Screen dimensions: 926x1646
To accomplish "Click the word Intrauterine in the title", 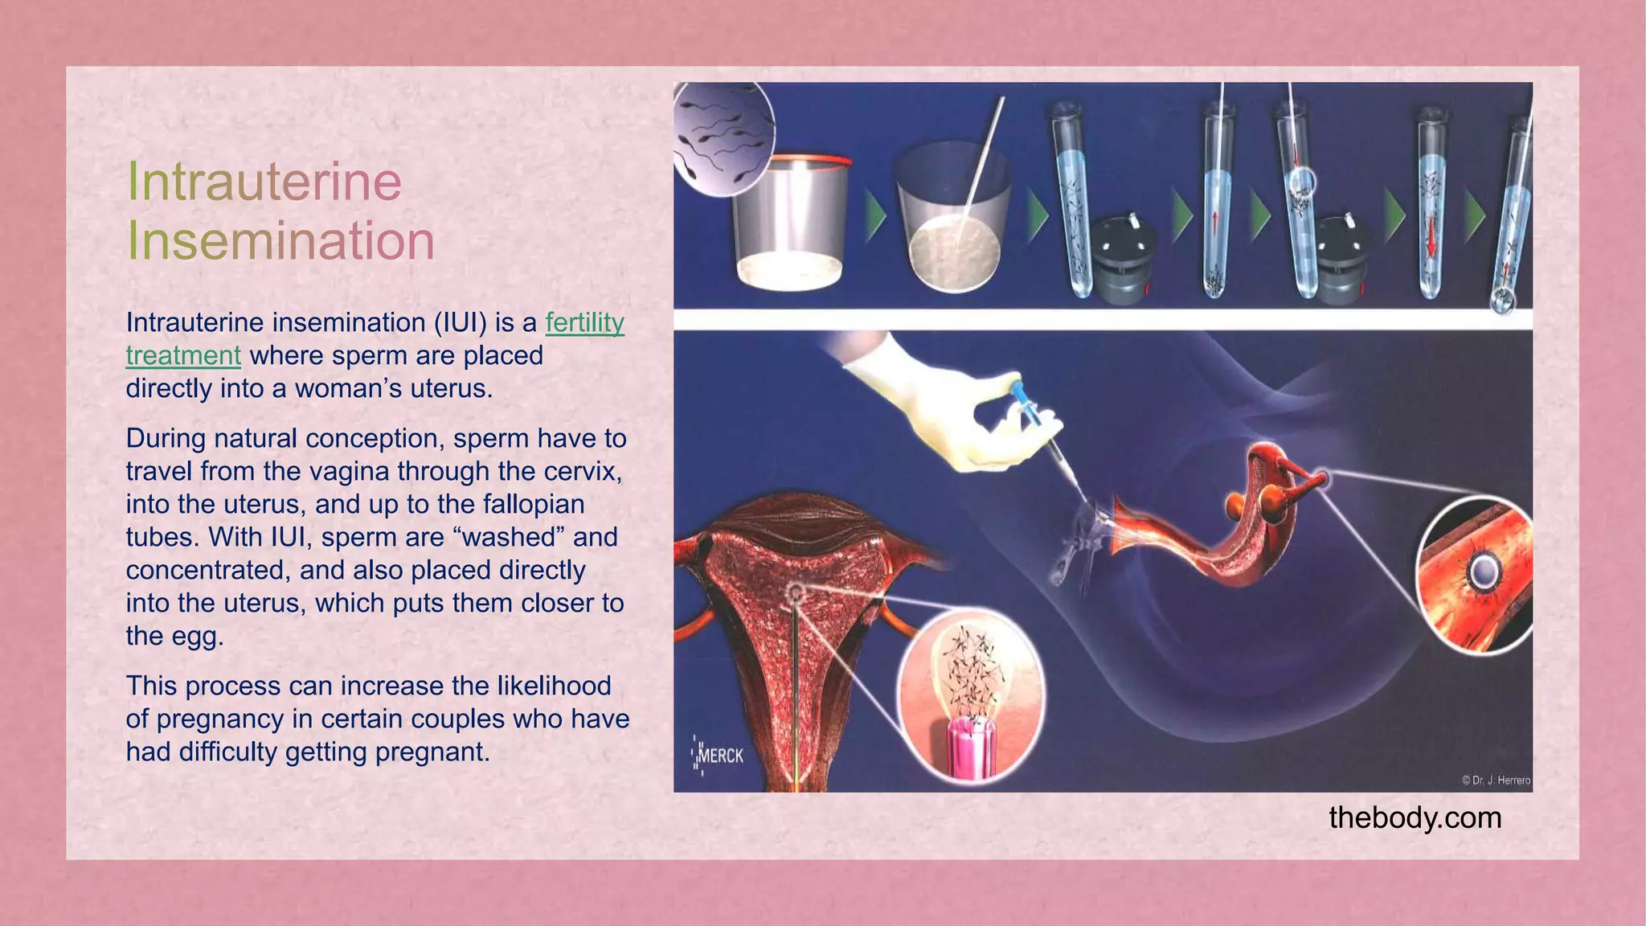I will pyautogui.click(x=264, y=182).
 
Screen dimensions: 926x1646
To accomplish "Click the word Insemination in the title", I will pyautogui.click(x=280, y=240).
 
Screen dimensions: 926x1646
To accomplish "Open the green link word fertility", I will pyautogui.click(x=584, y=323).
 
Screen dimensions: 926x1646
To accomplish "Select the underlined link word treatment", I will pyautogui.click(x=183, y=356).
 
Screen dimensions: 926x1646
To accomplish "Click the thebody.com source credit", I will pyautogui.click(x=1415, y=818).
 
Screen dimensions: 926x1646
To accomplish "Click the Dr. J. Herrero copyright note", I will pyautogui.click(x=1496, y=780).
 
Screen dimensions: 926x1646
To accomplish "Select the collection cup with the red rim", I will pyautogui.click(x=790, y=220).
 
